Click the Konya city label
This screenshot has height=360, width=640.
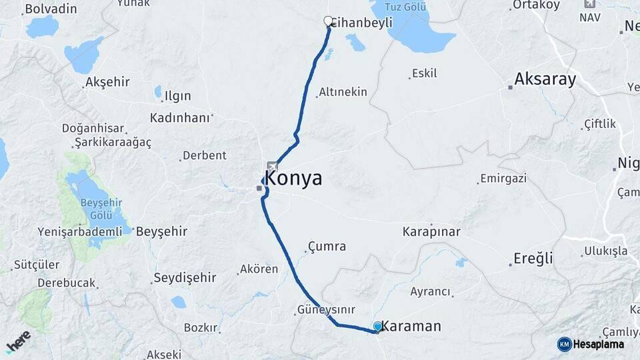(x=293, y=178)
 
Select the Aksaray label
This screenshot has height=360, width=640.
(x=545, y=79)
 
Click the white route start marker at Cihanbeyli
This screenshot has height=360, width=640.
(x=328, y=21)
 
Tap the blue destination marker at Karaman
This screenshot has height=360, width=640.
(x=378, y=326)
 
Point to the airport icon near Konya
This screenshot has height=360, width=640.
(x=272, y=165)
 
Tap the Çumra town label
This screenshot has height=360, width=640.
(x=327, y=247)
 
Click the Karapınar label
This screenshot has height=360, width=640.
(x=431, y=232)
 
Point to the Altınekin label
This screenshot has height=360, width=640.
(x=343, y=92)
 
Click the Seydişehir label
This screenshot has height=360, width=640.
(x=185, y=277)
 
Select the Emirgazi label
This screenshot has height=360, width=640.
(x=503, y=179)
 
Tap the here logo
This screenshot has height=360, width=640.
(x=19, y=342)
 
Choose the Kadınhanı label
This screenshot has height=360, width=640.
(x=180, y=117)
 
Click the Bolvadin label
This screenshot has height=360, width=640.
(x=50, y=9)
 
